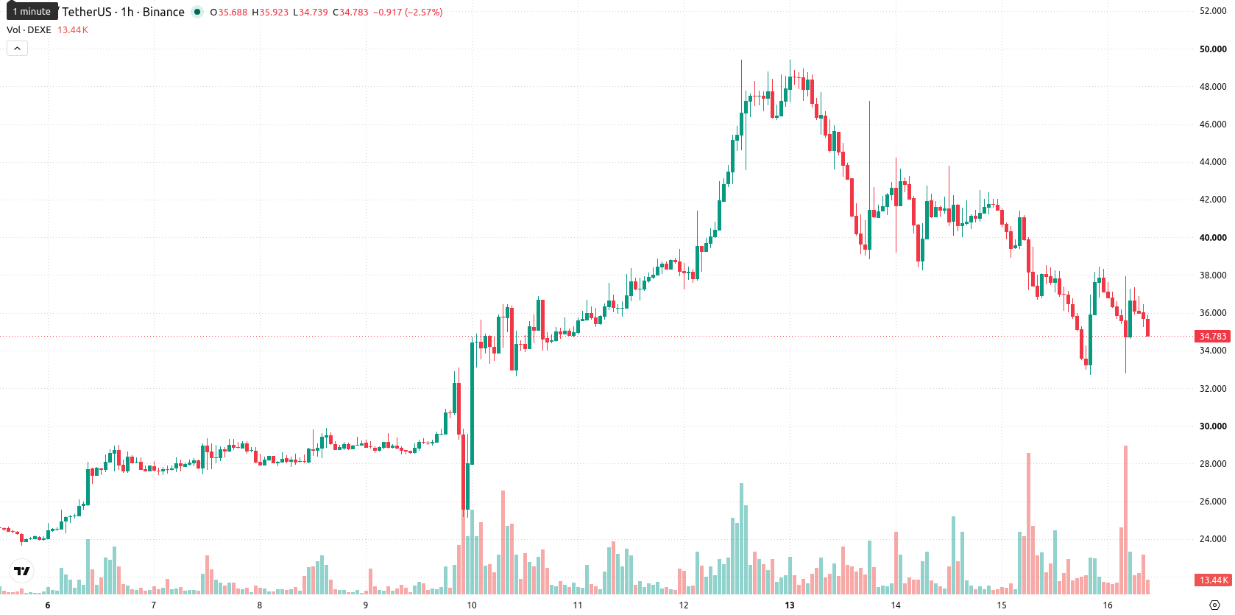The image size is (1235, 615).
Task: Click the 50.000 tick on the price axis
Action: (x=1212, y=49)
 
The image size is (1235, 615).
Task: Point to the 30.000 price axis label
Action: (x=1212, y=426)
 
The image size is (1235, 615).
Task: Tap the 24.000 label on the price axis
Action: (x=1212, y=539)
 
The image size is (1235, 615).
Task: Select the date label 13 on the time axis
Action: (x=790, y=605)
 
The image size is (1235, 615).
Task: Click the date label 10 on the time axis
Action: (x=471, y=605)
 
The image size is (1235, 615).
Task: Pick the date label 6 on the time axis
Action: (x=47, y=605)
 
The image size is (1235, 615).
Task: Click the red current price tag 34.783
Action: (x=1212, y=336)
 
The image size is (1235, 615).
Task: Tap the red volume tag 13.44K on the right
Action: (x=1212, y=580)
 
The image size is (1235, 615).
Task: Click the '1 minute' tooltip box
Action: (x=32, y=11)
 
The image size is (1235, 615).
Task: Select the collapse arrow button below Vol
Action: (x=17, y=49)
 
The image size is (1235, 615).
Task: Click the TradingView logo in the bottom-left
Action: (x=22, y=571)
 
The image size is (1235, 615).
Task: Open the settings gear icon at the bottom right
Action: (x=1214, y=605)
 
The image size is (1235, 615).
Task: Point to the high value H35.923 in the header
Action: (x=269, y=12)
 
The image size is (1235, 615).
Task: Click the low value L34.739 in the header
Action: (x=310, y=12)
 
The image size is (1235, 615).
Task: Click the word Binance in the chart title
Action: (x=163, y=12)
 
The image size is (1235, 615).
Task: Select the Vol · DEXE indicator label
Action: (x=29, y=29)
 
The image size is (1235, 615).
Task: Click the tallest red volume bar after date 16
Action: (x=1125, y=519)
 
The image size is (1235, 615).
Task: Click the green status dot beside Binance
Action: (x=197, y=12)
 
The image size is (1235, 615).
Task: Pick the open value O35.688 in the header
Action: (x=229, y=12)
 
